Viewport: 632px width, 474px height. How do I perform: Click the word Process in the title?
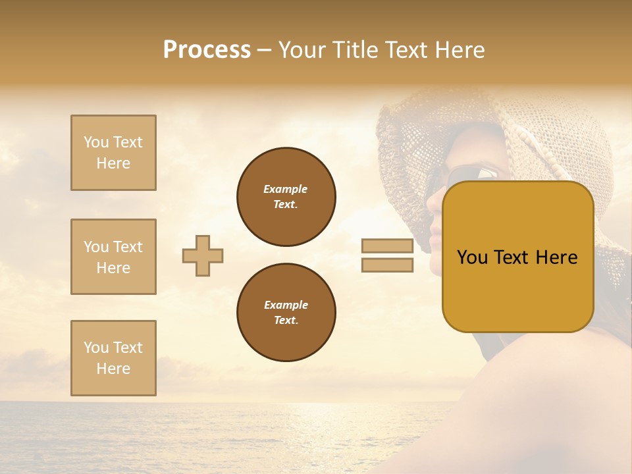coord(207,50)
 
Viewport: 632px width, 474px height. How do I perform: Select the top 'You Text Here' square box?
coord(113,153)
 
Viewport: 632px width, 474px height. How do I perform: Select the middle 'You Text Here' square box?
coord(113,257)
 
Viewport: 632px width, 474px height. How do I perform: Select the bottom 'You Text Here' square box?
coord(113,358)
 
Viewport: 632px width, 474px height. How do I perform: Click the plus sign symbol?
coord(203,255)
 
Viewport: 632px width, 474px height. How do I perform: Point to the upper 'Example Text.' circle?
coord(286,197)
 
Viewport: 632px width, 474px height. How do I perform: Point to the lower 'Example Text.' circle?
coord(286,313)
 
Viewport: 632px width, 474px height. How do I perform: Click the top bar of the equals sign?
coord(387,246)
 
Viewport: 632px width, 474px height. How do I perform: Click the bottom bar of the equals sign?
coord(387,265)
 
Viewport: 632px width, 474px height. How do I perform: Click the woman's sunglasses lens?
coord(487,173)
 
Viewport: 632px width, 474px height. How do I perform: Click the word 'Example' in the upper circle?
coord(286,190)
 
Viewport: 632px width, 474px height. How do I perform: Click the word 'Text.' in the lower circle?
coord(286,321)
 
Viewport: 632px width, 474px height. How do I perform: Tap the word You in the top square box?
coord(95,142)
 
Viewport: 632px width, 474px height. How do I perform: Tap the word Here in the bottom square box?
coord(113,369)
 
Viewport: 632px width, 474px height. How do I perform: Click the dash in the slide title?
coord(265,50)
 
